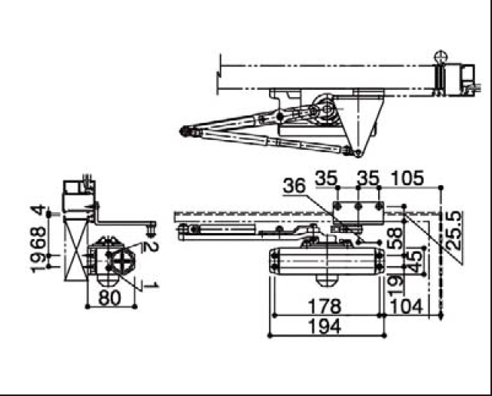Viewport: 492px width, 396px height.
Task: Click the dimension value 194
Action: pyautogui.click(x=324, y=326)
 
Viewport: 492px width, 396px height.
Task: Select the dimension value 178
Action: pyautogui.click(x=324, y=307)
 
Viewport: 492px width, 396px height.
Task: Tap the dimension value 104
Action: pyautogui.click(x=406, y=307)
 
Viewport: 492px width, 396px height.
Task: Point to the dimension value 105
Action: pyautogui.click(x=407, y=178)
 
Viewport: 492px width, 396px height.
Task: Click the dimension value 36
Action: pyautogui.click(x=294, y=186)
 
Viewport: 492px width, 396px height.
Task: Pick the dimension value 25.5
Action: pyautogui.click(x=455, y=230)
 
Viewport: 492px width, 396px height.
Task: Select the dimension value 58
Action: pyautogui.click(x=395, y=238)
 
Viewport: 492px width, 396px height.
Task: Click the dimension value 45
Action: pyautogui.click(x=415, y=261)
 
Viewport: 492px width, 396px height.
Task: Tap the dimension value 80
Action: pyautogui.click(x=109, y=298)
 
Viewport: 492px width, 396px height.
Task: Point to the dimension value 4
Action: pyautogui.click(x=38, y=209)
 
